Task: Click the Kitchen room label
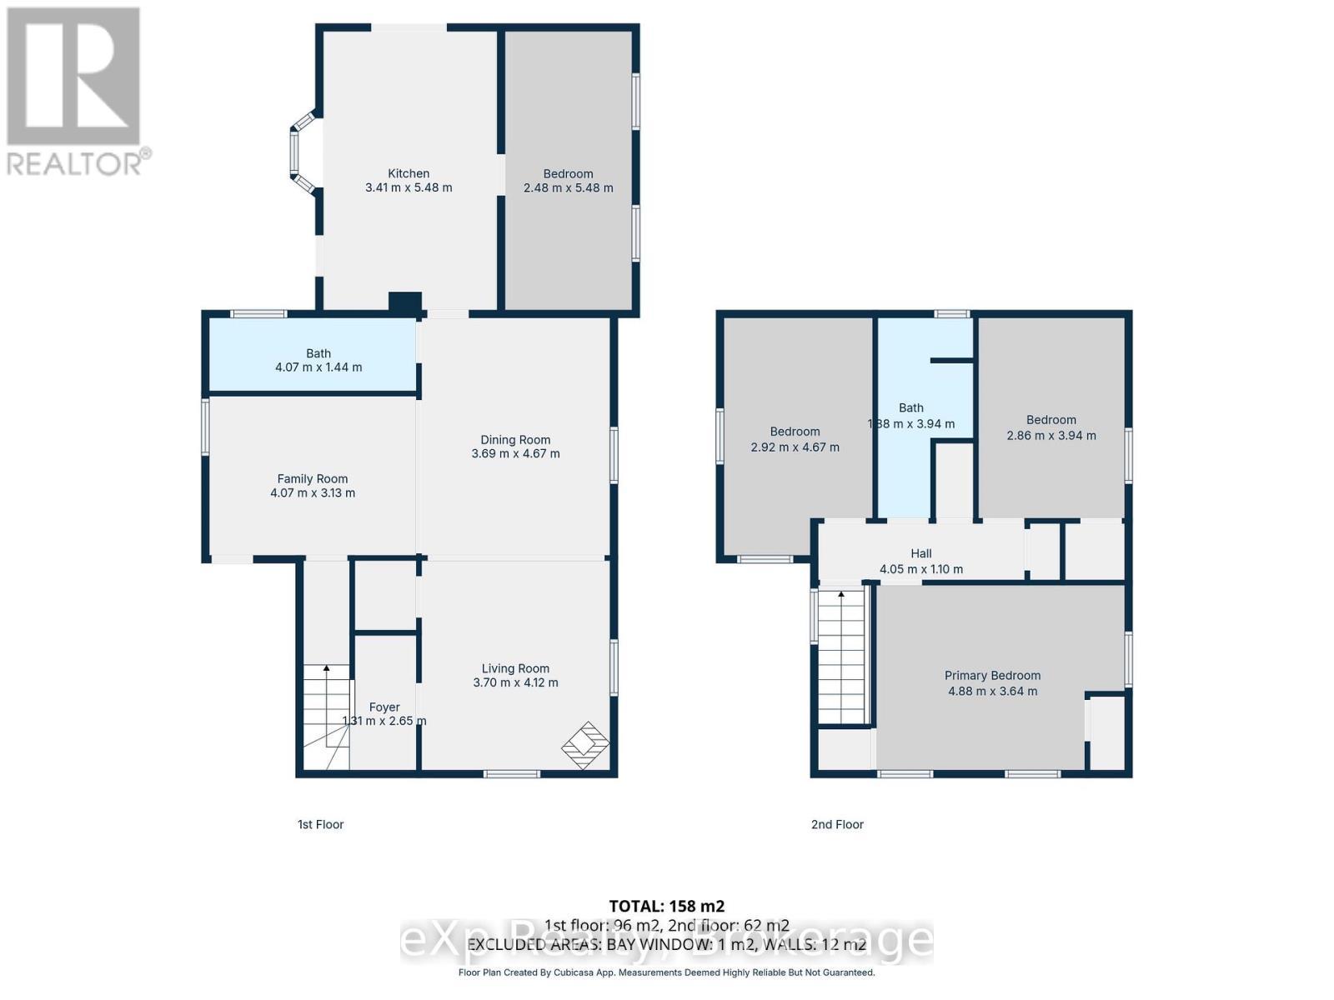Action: point(409,173)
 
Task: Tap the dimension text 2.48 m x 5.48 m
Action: point(568,188)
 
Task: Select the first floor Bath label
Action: point(318,353)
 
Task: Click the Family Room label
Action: point(312,478)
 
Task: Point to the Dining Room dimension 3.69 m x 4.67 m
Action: point(515,454)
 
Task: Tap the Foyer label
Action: point(384,707)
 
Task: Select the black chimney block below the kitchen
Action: point(405,303)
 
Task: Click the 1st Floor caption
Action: point(320,824)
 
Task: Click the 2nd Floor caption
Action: point(837,824)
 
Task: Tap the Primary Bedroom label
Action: point(992,675)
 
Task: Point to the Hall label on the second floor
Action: point(920,553)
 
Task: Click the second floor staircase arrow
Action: point(840,595)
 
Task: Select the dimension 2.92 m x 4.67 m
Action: point(795,447)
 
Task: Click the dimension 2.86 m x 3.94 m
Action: point(1051,436)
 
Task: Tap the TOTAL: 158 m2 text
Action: point(666,906)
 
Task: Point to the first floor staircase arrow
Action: point(326,668)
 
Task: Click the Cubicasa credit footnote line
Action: point(666,972)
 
